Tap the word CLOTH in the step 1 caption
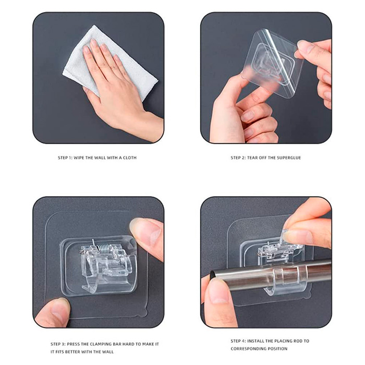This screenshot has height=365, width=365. pos(129,157)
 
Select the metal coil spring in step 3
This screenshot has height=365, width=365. pos(102,248)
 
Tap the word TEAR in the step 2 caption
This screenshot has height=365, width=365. pos(252,157)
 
